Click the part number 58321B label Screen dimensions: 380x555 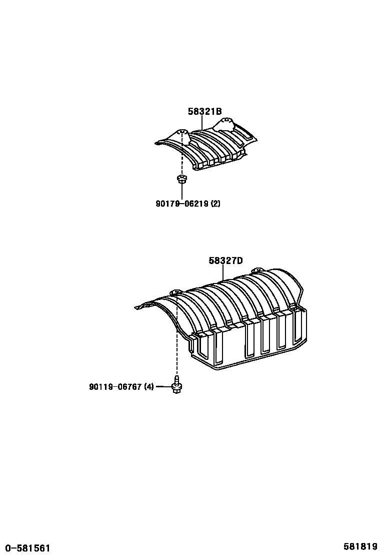click(204, 112)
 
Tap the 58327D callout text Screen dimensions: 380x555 click(225, 261)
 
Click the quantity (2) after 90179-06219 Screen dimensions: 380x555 click(215, 204)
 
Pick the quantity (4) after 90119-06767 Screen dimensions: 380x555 click(149, 387)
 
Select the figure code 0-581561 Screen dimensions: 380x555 click(25, 548)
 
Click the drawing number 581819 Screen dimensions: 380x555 click(360, 547)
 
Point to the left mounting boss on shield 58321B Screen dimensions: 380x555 click(182, 134)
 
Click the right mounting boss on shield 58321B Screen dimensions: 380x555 click(225, 121)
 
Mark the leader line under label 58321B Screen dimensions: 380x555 click(202, 123)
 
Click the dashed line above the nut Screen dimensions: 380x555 click(182, 160)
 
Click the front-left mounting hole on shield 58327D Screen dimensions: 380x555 click(175, 291)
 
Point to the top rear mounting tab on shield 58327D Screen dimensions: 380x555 click(258, 270)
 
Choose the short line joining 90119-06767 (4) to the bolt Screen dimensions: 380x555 click(163, 387)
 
